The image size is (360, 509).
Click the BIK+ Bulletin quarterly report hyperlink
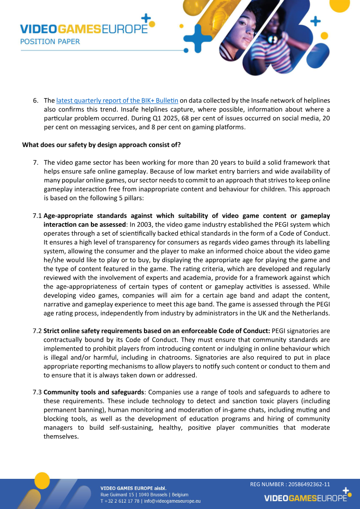pos(117,100)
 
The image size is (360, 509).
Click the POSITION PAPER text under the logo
pos(50,41)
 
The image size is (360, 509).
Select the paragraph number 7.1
pos(37,216)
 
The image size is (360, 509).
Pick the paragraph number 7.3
pos(37,392)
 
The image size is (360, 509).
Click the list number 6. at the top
pos(36,100)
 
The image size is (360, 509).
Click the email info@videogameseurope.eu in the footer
pos(172,500)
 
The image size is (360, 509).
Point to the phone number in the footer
pos(120,500)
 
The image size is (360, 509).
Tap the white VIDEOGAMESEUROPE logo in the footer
pos(306,498)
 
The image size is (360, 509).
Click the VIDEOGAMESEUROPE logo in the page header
pos(84,29)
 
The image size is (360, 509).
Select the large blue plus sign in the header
pos(198,38)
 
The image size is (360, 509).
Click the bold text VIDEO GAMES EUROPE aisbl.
pos(133,488)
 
